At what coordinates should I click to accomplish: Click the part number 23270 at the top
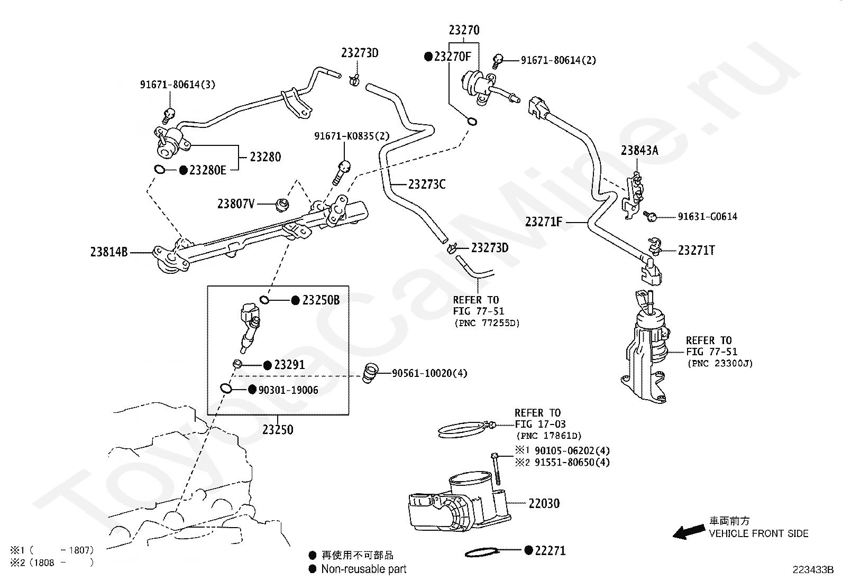click(x=464, y=30)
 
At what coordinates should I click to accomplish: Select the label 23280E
click(x=207, y=170)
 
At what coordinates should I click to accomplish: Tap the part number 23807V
click(x=236, y=204)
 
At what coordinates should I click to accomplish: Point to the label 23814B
click(x=109, y=252)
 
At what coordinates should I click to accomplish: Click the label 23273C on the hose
click(x=427, y=185)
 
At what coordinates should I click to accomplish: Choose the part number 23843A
click(x=639, y=150)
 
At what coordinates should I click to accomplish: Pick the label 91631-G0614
click(x=708, y=216)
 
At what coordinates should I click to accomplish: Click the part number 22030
click(x=544, y=503)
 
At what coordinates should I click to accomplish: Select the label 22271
click(x=550, y=550)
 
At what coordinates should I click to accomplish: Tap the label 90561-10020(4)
click(x=429, y=373)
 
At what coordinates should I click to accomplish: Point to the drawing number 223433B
click(x=813, y=570)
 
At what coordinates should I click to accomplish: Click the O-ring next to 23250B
click(x=264, y=300)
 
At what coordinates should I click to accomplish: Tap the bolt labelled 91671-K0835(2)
click(x=341, y=172)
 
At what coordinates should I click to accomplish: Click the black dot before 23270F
click(x=428, y=57)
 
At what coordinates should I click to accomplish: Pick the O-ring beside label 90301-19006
click(x=226, y=388)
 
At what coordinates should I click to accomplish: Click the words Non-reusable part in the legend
click(x=364, y=569)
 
